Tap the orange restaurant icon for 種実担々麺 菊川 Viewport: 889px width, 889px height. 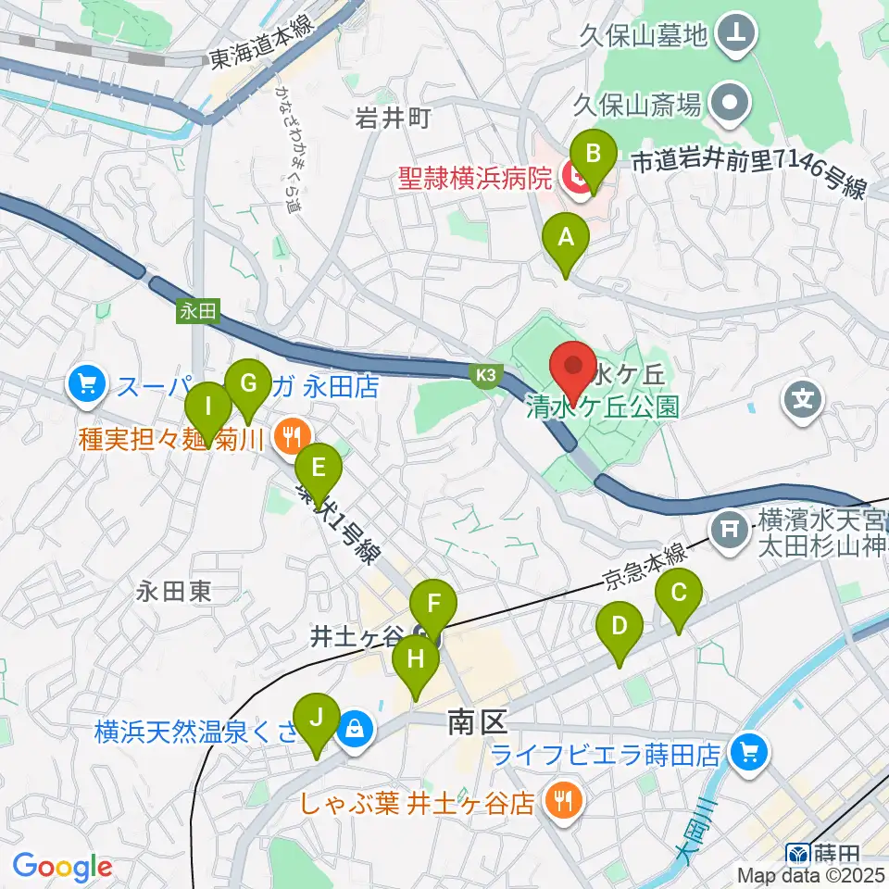[x=293, y=432]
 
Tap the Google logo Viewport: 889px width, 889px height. [x=62, y=868]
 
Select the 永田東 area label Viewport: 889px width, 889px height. [x=174, y=592]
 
